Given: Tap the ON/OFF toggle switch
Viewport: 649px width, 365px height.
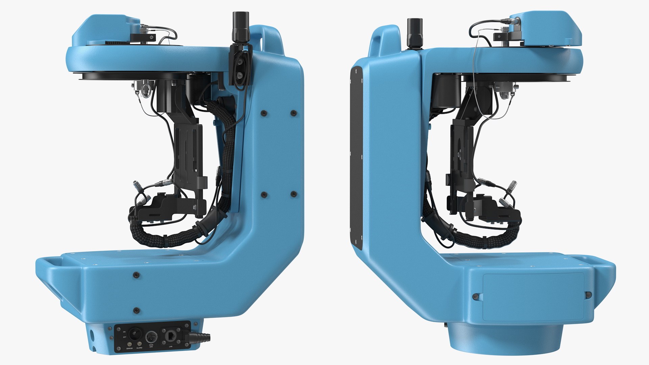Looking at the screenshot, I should (135, 333).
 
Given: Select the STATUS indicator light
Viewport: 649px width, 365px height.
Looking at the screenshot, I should (129, 344).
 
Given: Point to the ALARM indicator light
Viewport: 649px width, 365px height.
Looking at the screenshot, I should (139, 344).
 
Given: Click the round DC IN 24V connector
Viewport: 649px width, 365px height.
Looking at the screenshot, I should (151, 337).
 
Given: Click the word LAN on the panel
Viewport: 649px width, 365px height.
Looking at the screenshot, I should (171, 347).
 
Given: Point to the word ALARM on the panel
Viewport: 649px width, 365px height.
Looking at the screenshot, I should (139, 348).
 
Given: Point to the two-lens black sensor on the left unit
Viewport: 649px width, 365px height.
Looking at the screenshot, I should (240, 68).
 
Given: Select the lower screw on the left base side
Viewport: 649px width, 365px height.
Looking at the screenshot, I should (137, 310).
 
